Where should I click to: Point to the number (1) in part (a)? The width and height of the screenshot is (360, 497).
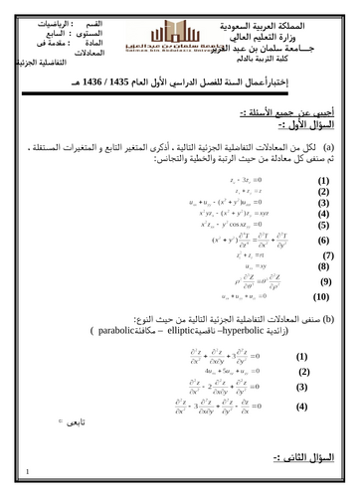click(322, 183)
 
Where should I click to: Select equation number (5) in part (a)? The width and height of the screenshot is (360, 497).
click(322, 226)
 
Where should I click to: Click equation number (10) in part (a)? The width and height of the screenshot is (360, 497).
click(320, 297)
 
